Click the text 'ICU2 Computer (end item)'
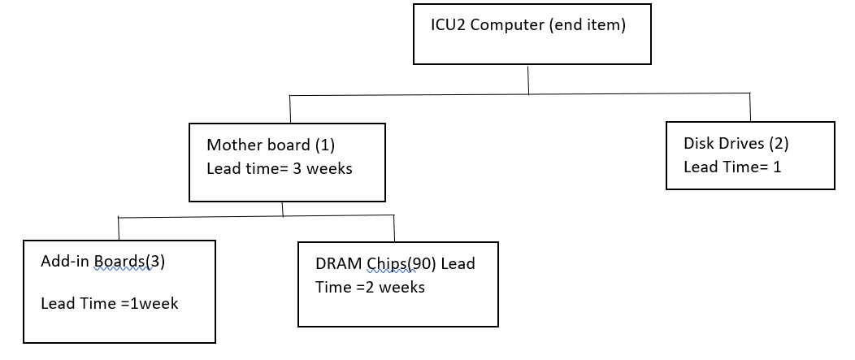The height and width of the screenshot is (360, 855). point(527,25)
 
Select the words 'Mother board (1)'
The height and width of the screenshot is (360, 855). point(271,145)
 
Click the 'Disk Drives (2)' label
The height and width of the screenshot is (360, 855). point(736,144)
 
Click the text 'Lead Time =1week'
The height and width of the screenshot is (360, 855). point(110,303)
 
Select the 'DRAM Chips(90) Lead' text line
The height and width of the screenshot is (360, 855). point(395,264)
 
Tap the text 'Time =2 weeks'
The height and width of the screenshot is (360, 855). point(370,287)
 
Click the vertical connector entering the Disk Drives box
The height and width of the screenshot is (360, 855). point(749,107)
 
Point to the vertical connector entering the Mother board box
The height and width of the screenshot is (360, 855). point(290,110)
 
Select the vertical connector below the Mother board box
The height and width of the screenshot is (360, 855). point(282,209)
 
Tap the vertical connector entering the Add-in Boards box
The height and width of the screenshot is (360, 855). point(119,228)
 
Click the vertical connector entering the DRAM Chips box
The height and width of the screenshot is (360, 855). point(394,228)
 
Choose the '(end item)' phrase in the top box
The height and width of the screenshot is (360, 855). point(588,25)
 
